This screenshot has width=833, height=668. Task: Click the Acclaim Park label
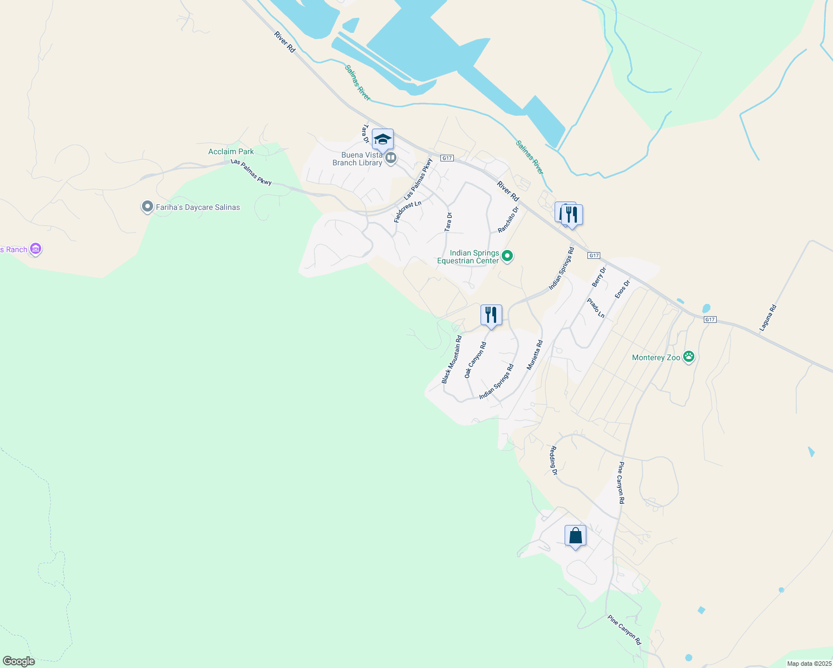tap(231, 151)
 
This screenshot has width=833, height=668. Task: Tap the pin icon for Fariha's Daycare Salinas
tap(147, 207)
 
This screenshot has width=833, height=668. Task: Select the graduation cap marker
tap(383, 140)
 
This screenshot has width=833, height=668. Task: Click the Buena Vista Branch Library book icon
tap(391, 159)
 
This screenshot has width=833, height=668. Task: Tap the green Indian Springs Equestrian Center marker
tap(507, 256)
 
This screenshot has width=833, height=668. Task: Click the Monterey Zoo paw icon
tap(689, 357)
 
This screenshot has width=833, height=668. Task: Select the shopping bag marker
tap(575, 537)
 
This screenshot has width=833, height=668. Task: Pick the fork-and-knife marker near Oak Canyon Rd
tap(491, 315)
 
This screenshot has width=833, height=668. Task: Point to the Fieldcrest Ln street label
tap(408, 212)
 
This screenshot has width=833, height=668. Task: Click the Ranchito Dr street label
tap(508, 219)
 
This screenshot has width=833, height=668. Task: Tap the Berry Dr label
tap(599, 277)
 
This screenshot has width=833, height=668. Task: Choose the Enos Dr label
tap(622, 289)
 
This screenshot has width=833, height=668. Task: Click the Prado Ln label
tap(596, 308)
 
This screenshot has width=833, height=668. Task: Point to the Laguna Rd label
tap(767, 318)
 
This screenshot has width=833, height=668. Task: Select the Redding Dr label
tap(553, 460)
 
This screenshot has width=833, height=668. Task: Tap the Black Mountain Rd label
tap(452, 359)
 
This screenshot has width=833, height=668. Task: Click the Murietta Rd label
tap(535, 356)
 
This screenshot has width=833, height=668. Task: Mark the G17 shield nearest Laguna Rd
tap(709, 320)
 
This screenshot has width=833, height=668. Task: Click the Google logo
tap(18, 661)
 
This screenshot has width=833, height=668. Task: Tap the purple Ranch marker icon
tap(36, 249)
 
